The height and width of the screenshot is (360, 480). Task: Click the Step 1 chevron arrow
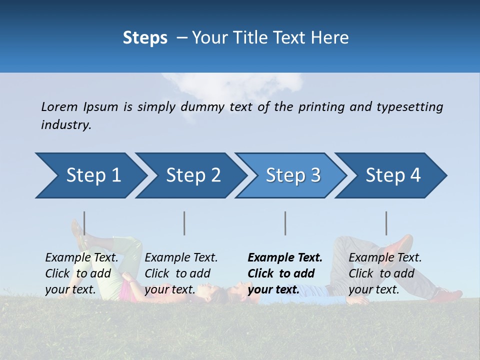pos(90,175)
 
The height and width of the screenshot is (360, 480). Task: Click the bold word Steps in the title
pos(145,38)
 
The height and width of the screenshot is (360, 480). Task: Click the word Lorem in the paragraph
pos(59,107)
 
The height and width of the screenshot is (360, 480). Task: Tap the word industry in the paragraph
pos(66,125)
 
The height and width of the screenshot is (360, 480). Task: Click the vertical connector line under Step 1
pos(84,223)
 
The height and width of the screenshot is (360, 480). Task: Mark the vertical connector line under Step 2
pos(184,223)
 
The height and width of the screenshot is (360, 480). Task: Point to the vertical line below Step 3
pos(285,223)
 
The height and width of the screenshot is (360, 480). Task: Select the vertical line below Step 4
pos(386,223)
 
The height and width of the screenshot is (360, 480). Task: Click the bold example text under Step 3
pos(284,273)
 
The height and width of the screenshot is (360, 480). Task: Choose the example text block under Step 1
pos(81,273)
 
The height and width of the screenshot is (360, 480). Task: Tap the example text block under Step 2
pos(180,273)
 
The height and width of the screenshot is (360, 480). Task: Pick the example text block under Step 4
pos(384,273)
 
